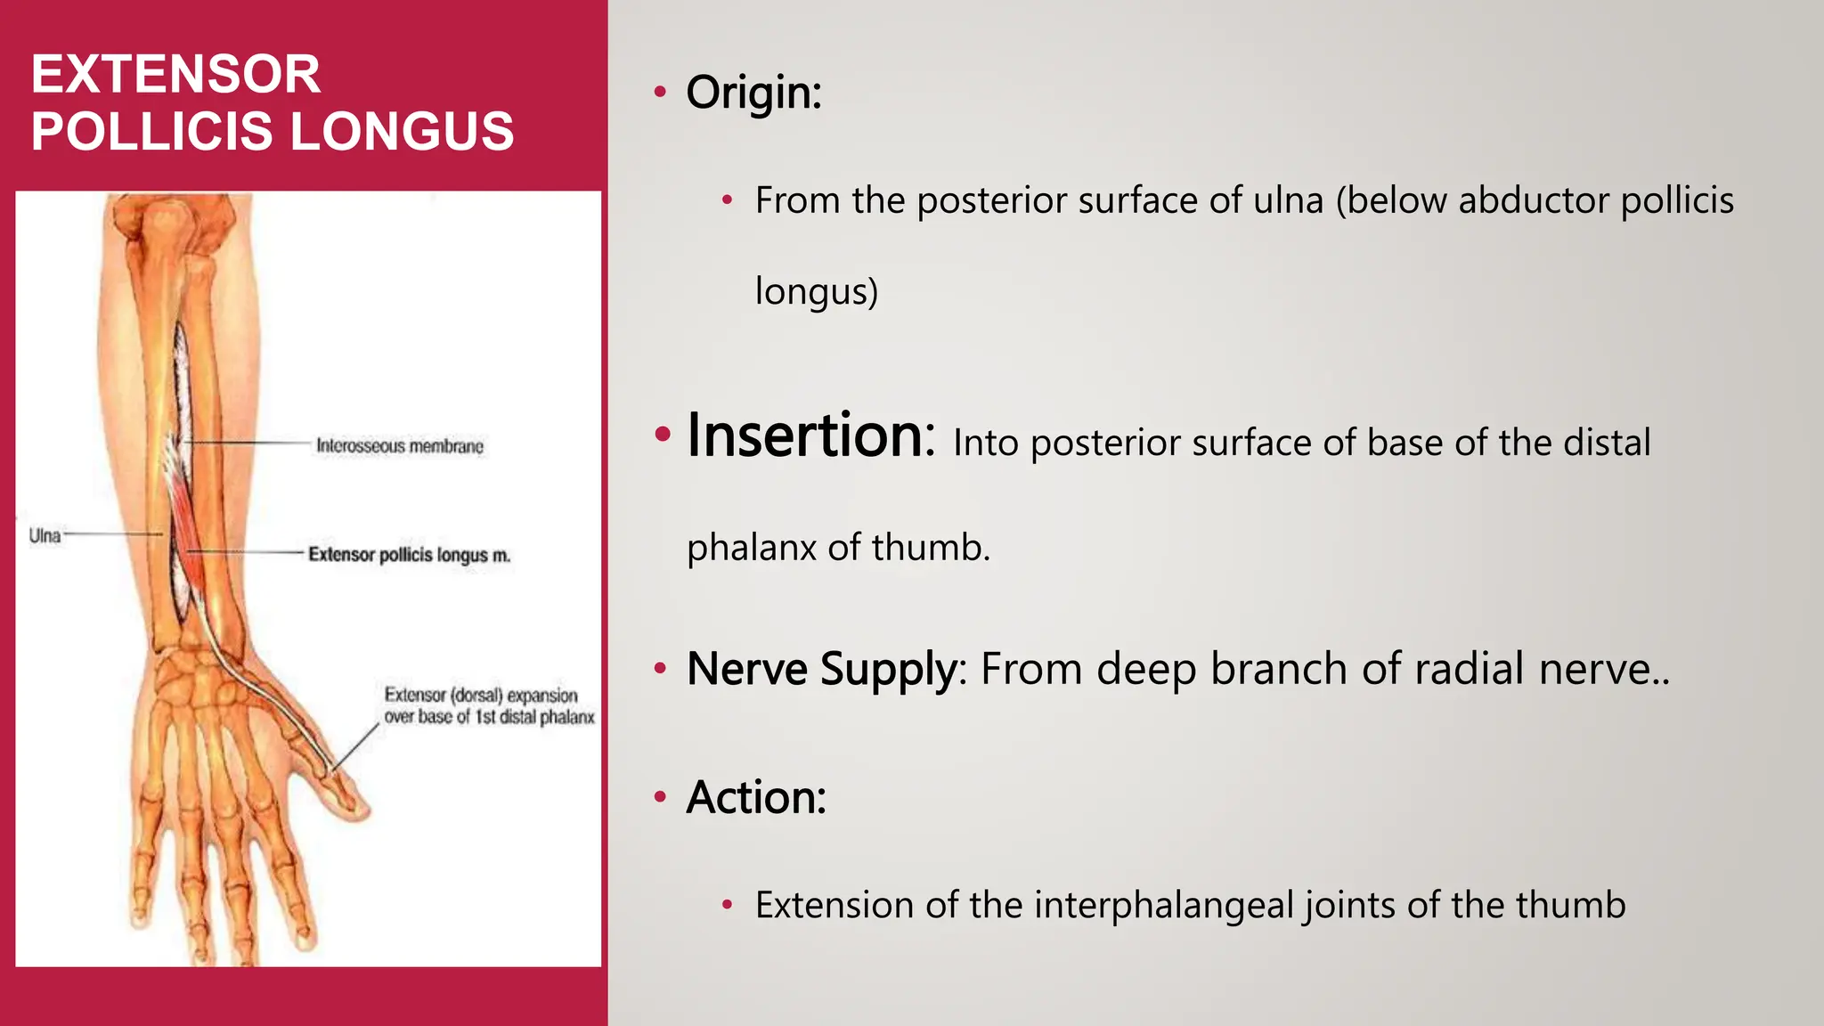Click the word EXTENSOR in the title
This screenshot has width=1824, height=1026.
[175, 74]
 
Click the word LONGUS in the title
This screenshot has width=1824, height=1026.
[402, 131]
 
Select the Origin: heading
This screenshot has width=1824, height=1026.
[753, 93]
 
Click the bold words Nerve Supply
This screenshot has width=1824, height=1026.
[821, 669]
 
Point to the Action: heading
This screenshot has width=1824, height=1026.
[756, 797]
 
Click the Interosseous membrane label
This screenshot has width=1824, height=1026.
[400, 445]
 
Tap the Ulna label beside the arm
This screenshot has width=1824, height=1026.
[45, 535]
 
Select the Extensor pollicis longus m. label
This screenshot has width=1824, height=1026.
[409, 555]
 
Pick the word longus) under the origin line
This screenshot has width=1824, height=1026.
[816, 292]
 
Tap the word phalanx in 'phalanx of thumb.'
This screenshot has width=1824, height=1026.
[751, 548]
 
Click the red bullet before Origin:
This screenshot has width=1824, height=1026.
[660, 92]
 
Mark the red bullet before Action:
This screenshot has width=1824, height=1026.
[660, 796]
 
